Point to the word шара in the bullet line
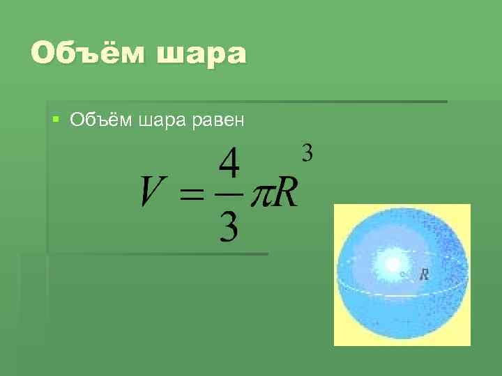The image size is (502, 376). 162,120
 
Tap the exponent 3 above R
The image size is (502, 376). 307,151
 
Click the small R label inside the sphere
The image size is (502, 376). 424,275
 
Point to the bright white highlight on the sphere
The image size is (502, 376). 388,264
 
